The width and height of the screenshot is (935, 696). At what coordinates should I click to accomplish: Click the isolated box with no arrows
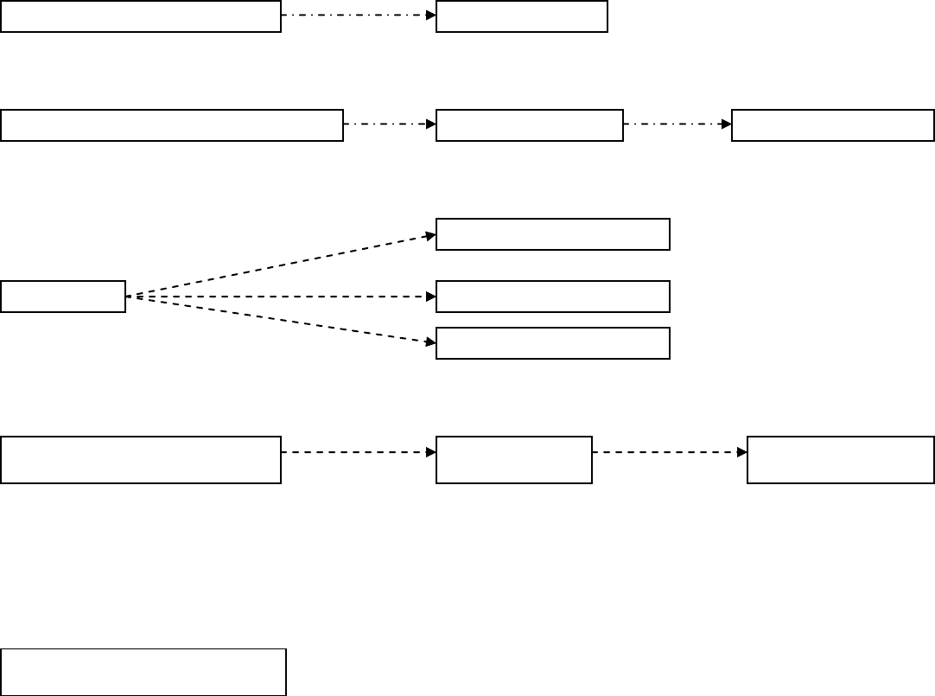click(143, 671)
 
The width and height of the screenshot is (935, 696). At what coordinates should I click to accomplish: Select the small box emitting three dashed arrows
click(63, 297)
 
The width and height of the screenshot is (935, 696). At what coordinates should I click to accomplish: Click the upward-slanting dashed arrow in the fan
click(281, 265)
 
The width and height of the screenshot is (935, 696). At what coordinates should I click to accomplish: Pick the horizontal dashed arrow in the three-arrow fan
click(281, 297)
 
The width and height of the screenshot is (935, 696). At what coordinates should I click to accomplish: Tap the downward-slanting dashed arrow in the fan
click(281, 320)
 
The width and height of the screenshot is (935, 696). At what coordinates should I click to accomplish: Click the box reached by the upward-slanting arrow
click(553, 234)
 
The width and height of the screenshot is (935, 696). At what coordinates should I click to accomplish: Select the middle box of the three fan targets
click(553, 296)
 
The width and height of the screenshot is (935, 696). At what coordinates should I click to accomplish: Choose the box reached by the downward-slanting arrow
click(553, 342)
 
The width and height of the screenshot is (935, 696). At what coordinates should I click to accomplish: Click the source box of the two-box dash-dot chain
click(141, 16)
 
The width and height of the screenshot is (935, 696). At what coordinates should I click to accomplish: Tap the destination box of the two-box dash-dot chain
click(522, 16)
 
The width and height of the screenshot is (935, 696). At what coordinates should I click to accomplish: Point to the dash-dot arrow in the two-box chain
click(359, 16)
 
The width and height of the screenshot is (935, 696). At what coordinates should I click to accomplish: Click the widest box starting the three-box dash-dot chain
click(172, 125)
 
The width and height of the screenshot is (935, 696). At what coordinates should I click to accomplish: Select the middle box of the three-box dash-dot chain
click(530, 125)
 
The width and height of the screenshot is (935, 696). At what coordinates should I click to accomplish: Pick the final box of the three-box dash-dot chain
click(833, 125)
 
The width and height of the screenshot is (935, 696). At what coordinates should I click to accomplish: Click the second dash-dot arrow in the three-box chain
click(677, 125)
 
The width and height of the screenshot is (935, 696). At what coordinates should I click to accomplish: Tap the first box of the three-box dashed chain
click(141, 460)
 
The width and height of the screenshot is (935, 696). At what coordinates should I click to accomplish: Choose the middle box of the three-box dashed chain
click(514, 460)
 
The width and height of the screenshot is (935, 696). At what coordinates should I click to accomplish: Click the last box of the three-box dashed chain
click(841, 460)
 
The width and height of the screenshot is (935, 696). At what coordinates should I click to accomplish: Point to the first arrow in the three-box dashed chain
click(359, 452)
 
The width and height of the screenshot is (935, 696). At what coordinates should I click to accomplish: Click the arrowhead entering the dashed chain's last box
click(742, 452)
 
